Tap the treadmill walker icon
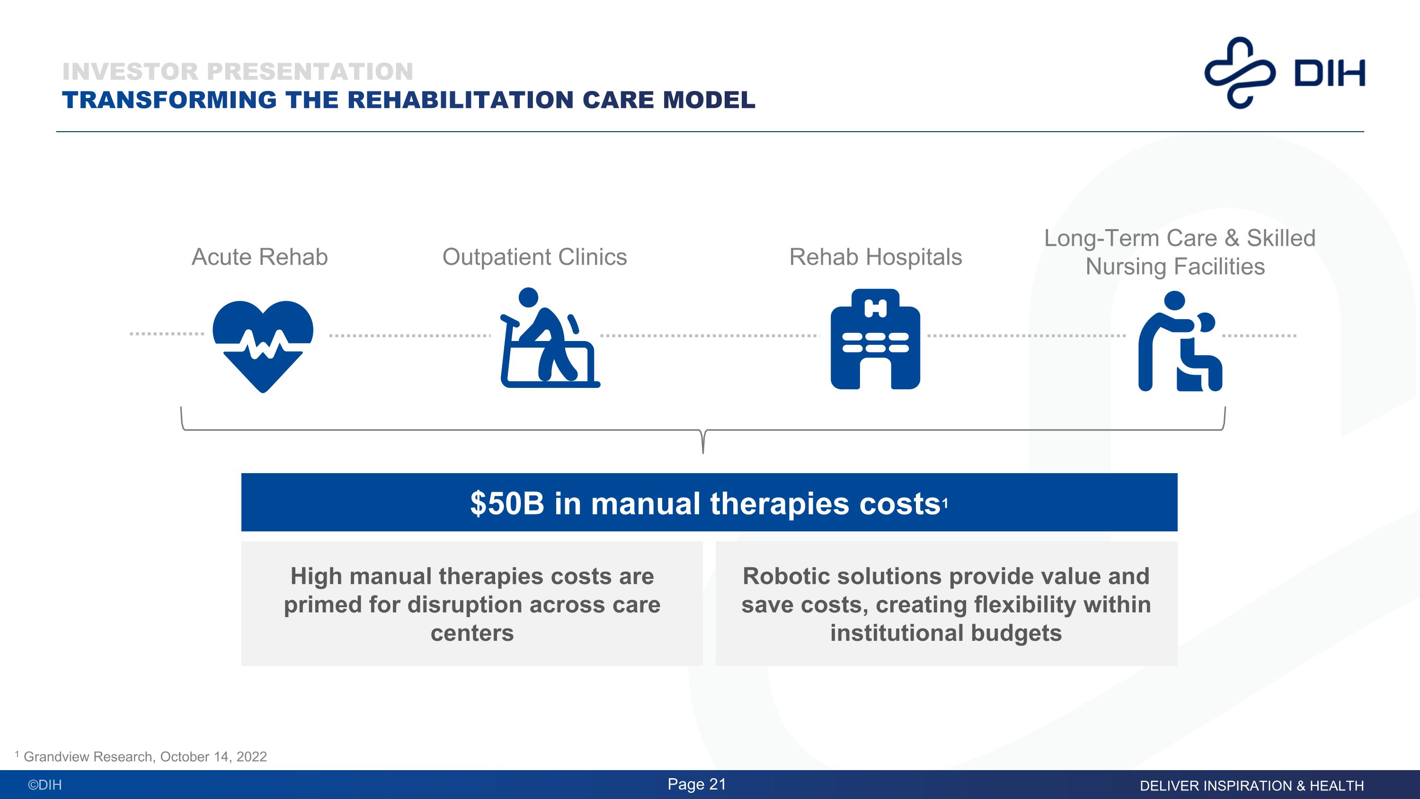550,338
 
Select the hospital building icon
875,339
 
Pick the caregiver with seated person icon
1180,341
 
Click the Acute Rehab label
260,257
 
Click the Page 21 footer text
697,784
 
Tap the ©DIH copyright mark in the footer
44,785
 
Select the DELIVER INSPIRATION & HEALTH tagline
1252,786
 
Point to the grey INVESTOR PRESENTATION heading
238,72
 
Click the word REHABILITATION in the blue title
460,100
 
